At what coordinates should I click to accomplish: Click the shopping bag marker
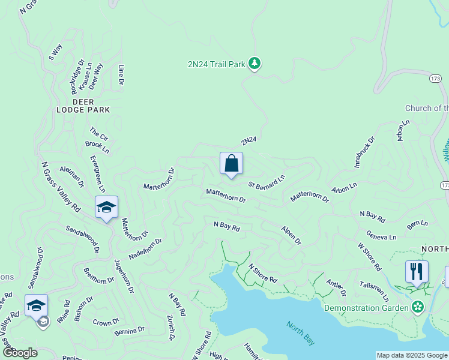coord(231,164)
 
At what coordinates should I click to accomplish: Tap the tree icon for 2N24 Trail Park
coord(255,63)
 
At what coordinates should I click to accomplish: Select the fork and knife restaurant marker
coord(417,271)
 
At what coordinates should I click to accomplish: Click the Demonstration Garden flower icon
coord(418,308)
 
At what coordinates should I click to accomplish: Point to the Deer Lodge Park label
coord(83,110)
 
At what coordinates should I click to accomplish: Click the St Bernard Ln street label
coord(267,182)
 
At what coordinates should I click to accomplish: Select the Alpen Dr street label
coord(291,235)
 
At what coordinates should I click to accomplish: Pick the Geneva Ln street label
coord(382,237)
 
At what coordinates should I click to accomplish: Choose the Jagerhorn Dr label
coord(123,276)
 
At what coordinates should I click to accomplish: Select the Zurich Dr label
coord(170,327)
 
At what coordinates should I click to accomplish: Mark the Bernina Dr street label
coord(130,330)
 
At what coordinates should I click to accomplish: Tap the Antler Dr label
coord(336,287)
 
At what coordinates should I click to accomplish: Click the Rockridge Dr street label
coord(77,76)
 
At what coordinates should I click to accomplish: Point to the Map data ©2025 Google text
coord(412,355)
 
